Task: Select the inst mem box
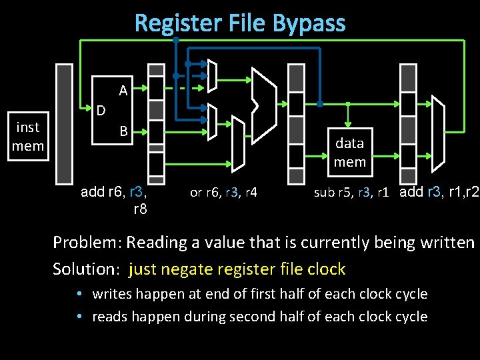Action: click(x=27, y=137)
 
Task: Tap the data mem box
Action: click(x=349, y=152)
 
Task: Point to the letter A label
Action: click(x=123, y=90)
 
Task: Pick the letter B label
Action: click(x=123, y=131)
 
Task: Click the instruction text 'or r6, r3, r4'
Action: click(x=223, y=193)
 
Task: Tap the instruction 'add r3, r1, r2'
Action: click(x=439, y=193)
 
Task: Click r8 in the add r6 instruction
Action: click(x=140, y=209)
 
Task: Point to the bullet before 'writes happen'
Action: click(x=79, y=294)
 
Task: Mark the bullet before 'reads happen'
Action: click(x=79, y=317)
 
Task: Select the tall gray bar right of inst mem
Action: click(x=64, y=123)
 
